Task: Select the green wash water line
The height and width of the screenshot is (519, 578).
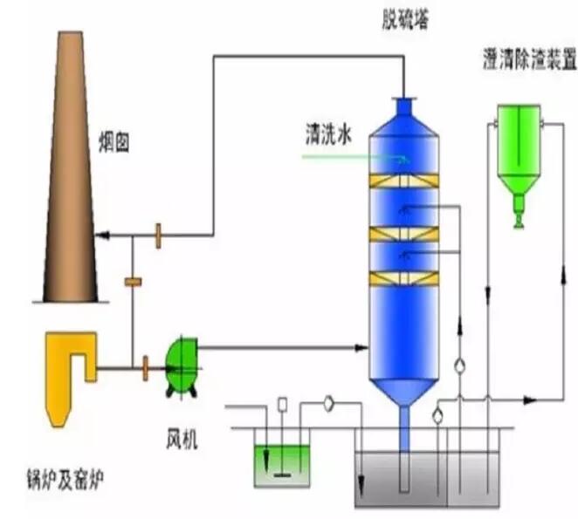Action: pyautogui.click(x=349, y=158)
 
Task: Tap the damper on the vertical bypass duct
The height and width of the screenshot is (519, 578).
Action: pyautogui.click(x=134, y=282)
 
